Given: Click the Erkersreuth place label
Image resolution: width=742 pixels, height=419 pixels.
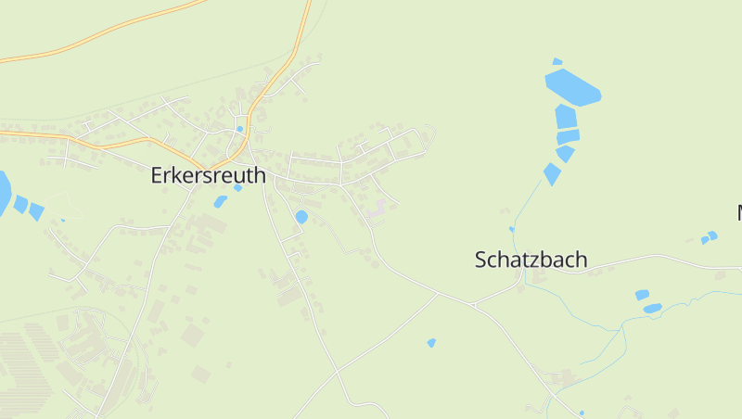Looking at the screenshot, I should (x=208, y=175).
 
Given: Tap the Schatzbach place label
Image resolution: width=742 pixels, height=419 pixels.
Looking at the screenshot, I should (x=531, y=260).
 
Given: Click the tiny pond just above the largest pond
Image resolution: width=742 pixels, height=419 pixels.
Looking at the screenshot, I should (x=556, y=62).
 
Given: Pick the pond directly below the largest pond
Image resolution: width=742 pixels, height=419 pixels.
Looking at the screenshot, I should (x=565, y=117).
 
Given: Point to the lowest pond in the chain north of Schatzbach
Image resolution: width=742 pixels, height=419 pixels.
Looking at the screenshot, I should (x=552, y=173).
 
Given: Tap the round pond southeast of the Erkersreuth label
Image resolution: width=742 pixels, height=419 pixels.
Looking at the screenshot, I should (x=301, y=217).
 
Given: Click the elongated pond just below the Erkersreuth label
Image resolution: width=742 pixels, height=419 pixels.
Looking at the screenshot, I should (x=220, y=201).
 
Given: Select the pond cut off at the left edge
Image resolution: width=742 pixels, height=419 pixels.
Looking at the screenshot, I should (x=4, y=193).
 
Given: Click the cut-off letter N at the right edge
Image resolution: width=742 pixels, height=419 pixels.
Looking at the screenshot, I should (x=739, y=213).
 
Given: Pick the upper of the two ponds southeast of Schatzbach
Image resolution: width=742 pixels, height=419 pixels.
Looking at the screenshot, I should (x=642, y=295).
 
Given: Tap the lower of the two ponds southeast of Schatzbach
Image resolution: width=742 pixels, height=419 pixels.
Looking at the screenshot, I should (x=652, y=308).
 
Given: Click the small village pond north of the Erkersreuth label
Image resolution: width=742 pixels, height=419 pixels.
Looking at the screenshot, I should (x=239, y=129).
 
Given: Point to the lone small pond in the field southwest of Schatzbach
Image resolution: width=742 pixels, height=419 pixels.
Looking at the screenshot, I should (x=431, y=343).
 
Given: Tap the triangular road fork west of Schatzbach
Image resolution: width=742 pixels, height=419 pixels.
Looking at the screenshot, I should (x=472, y=303).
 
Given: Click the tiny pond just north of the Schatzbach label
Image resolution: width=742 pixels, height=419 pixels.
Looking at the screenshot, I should (x=511, y=229).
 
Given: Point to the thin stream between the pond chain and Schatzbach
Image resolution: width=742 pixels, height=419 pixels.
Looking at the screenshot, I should (x=525, y=204).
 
